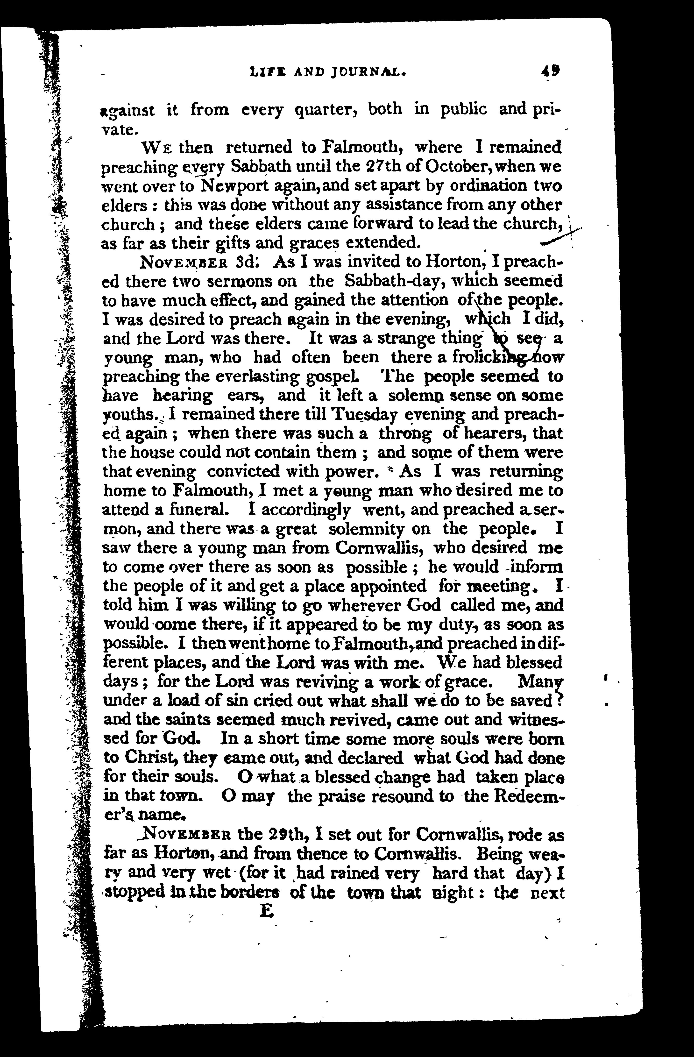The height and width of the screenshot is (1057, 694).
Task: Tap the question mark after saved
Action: click(559, 700)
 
